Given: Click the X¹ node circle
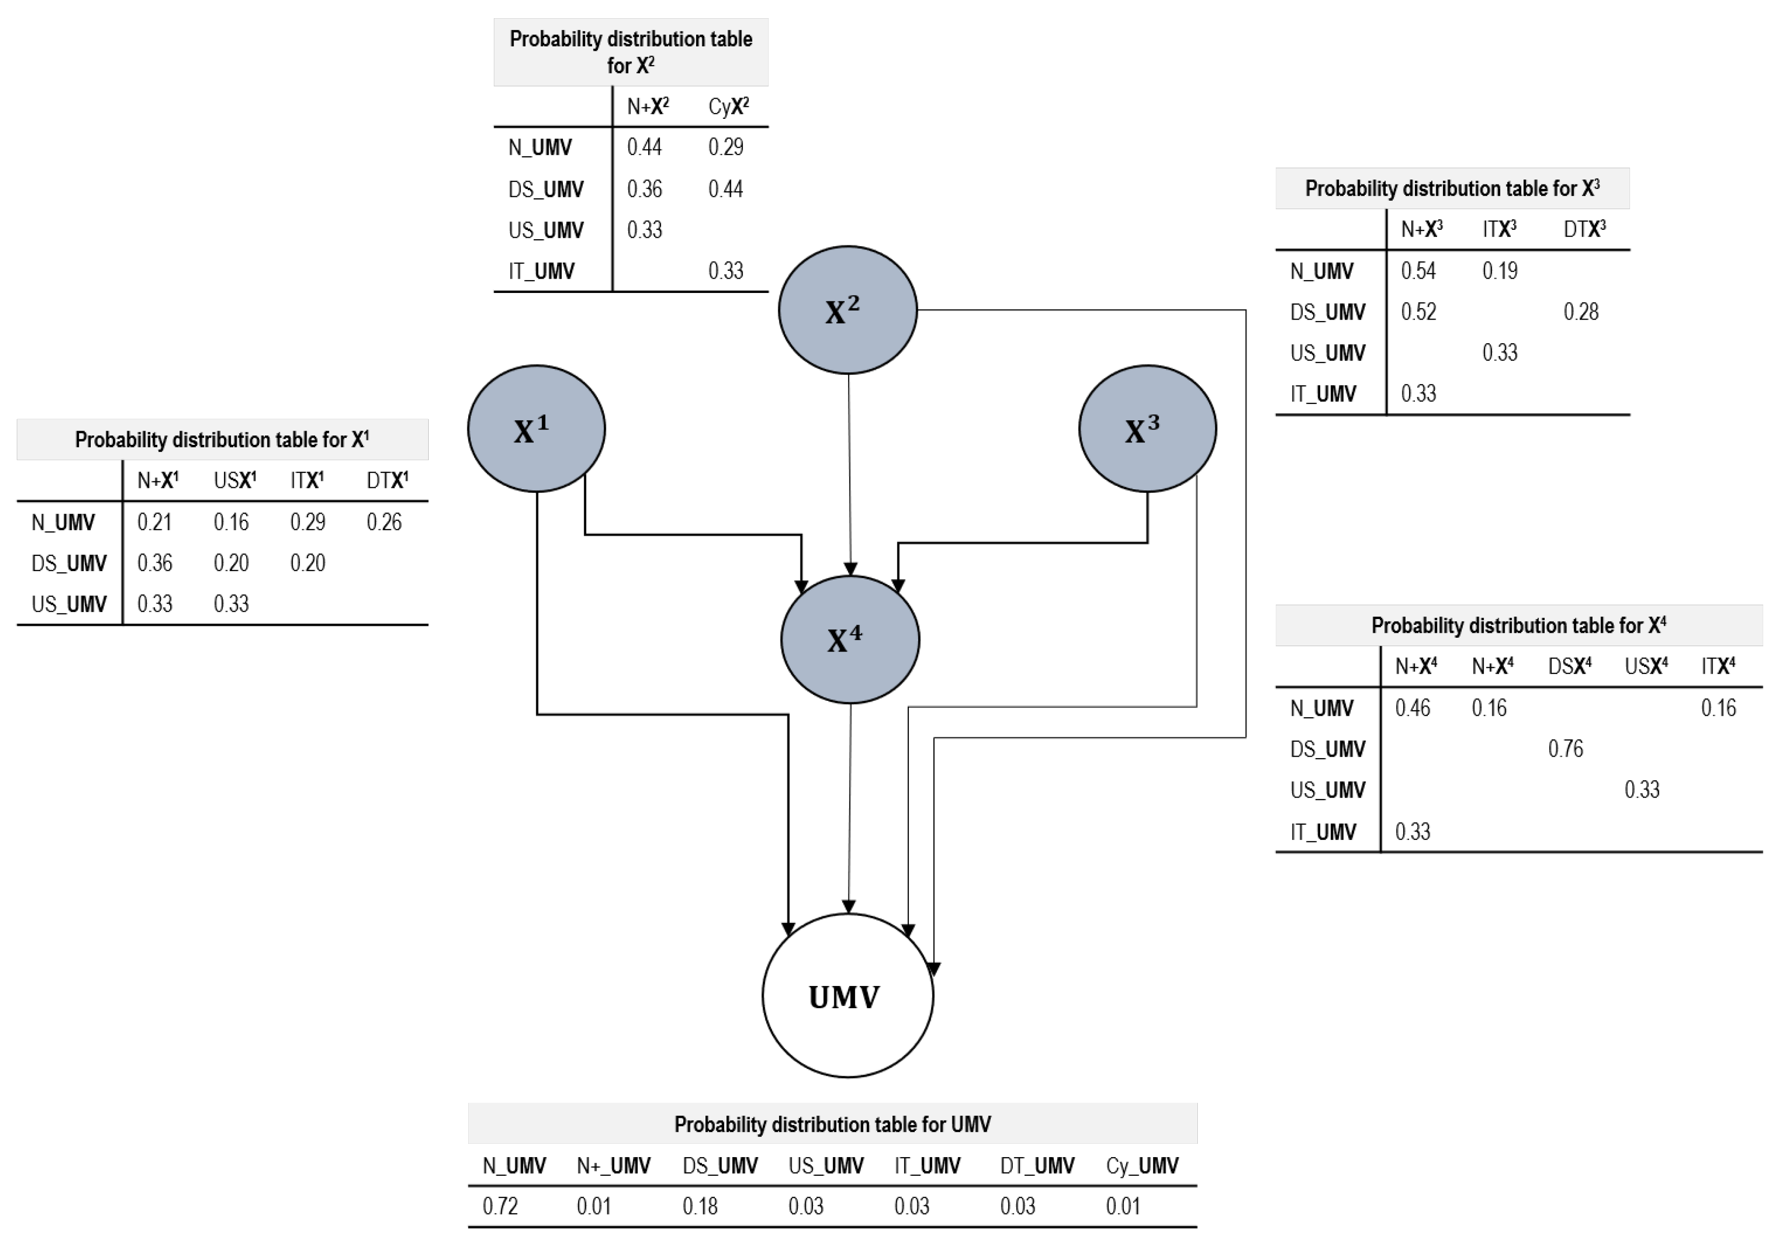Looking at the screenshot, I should pos(536,429).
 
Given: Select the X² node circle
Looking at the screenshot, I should pos(848,310).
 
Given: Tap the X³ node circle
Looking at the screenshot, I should pos(1148,429).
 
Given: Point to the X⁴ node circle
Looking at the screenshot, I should pos(850,640).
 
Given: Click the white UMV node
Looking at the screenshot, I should pos(848,995).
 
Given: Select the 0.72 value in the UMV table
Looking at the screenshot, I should pos(501,1206).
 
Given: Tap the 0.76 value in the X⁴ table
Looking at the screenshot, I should pos(1565,748).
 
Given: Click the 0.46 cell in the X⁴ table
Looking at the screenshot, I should pos(1412,707).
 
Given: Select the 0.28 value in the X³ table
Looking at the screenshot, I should pos(1581,311).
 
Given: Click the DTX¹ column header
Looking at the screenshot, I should pos(387,480).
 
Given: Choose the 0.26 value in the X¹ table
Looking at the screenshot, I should pos(384,521).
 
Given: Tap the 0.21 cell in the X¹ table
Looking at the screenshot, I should pos(154,521).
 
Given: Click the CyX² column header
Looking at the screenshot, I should pos(728,106).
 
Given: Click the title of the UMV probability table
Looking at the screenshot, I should pos(832,1124).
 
